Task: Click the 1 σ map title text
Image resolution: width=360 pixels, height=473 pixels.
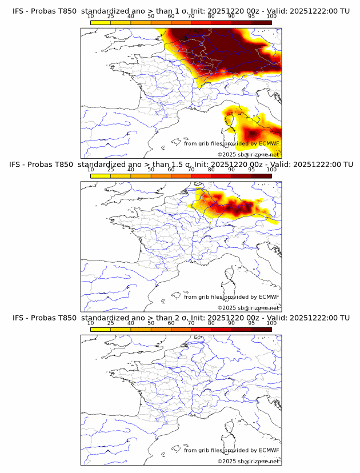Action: pos(181,11)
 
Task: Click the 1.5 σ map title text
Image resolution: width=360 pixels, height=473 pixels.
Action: pos(181,165)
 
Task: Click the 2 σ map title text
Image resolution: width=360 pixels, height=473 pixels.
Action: pos(181,318)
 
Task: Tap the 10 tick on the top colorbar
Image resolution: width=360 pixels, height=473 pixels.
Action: pos(91,17)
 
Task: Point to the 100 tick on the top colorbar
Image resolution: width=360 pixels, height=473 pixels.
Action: pos(271,17)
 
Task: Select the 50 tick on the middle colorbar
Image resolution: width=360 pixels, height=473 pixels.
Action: pos(151,170)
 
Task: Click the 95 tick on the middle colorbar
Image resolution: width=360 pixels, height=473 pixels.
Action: pos(251,170)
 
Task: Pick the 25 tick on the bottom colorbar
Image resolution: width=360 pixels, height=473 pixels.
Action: pos(111,323)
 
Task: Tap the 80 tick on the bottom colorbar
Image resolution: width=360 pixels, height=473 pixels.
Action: pos(211,323)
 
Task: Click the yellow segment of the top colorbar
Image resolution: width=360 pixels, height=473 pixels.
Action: pos(101,22)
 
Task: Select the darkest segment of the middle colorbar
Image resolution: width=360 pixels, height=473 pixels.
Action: pos(261,175)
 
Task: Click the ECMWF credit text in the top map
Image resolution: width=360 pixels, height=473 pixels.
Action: pos(231,143)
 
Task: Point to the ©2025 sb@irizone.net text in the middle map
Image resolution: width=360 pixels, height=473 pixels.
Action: pos(249,308)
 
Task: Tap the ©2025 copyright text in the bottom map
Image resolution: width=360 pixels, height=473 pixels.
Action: pos(249,461)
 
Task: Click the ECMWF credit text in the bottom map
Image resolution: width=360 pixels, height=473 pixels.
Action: pos(231,450)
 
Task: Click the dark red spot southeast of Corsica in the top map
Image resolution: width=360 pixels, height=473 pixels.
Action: pos(252,135)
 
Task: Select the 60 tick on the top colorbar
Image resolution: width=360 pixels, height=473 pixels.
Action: pos(171,17)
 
